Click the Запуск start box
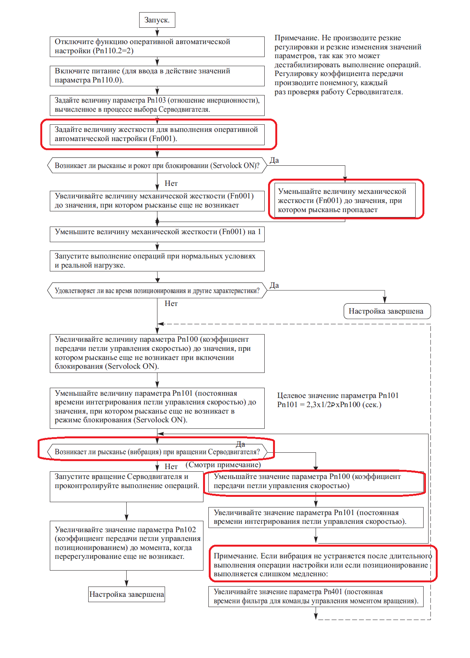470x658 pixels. coord(157,20)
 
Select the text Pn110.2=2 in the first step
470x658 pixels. coord(113,51)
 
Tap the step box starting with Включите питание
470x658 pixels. coord(157,76)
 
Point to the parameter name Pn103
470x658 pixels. coord(156,100)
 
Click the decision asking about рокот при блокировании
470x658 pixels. coord(157,166)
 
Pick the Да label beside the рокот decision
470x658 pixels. coord(274,160)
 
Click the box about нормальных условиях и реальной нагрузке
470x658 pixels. coord(157,261)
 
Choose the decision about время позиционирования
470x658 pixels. coord(157,291)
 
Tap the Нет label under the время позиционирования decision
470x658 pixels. coord(171,303)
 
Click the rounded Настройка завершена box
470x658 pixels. coord(386,311)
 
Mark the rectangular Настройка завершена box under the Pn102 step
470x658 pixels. coord(127,595)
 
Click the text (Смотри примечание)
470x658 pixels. coord(223,465)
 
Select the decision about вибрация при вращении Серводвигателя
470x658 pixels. coord(157,452)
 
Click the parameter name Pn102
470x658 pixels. coord(186,530)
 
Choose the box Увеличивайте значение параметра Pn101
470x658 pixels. coord(316,517)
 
